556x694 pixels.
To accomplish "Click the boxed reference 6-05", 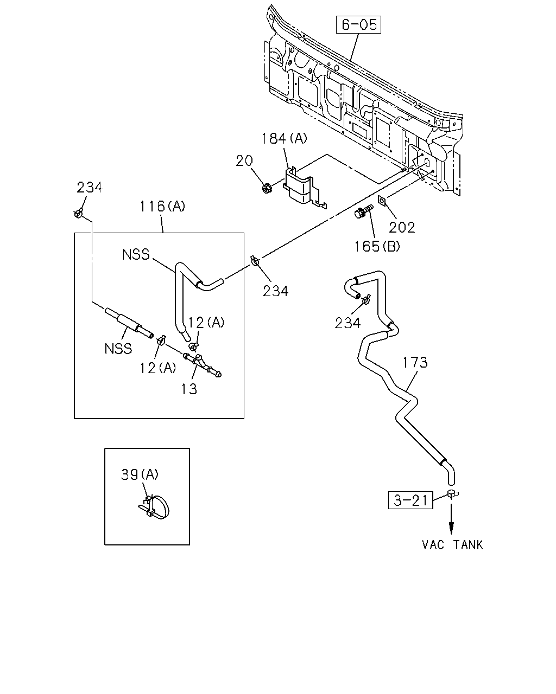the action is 358,24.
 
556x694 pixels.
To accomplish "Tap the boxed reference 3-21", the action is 410,500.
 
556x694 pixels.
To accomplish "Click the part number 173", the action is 415,363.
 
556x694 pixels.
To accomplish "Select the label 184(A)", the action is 284,138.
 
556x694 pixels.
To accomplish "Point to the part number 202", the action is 402,228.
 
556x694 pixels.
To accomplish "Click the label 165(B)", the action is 377,247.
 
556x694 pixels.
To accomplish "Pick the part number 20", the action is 244,160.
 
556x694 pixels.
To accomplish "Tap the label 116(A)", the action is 162,206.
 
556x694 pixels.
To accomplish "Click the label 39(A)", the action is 140,474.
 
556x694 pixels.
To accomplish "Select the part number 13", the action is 189,389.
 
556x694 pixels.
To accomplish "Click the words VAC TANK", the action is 453,545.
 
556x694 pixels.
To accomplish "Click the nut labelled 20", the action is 267,188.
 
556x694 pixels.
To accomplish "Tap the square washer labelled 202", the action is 382,201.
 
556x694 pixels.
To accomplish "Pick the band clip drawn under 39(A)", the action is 155,506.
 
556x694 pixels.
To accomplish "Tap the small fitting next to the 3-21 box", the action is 452,493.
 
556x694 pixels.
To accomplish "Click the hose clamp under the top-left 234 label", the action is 78,213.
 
